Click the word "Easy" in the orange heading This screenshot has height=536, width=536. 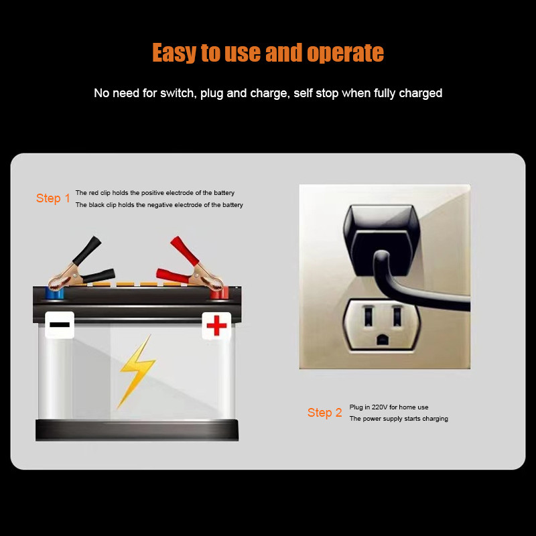coord(174,53)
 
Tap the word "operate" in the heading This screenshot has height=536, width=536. coord(345,53)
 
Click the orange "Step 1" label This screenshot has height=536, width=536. coord(53,198)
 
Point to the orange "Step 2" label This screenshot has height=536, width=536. coord(324,413)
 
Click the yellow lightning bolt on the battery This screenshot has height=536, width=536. coord(137,372)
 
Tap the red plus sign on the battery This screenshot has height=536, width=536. coord(216,326)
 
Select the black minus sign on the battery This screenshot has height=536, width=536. coord(60,324)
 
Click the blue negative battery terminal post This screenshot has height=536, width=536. coord(55,293)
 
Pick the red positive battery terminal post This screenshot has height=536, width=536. coord(219,293)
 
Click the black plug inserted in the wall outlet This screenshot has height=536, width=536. coord(381,239)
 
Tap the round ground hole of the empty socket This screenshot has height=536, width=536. coord(382,340)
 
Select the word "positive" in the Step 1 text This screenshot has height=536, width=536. coord(153,193)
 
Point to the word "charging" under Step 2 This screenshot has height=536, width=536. coord(435,419)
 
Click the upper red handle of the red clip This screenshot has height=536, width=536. coord(184,251)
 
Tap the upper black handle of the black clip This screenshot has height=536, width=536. coord(87,251)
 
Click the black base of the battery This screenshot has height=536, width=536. coord(137,429)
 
